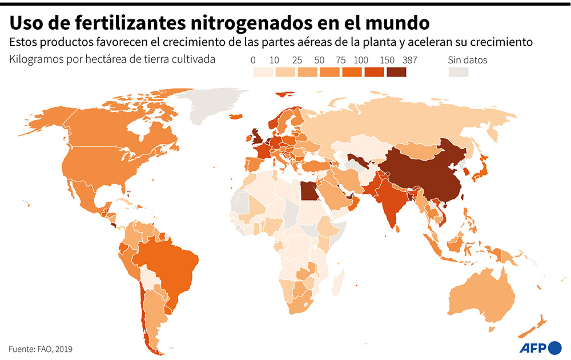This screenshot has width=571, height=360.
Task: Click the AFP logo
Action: tap(540, 347)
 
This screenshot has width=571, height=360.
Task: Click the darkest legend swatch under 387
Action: tap(396, 72)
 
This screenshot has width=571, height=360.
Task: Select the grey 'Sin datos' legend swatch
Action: tap(458, 72)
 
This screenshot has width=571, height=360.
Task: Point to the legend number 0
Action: tap(253, 60)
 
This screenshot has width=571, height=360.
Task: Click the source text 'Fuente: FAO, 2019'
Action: tap(41, 349)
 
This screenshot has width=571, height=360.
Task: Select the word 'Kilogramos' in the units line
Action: tap(37, 59)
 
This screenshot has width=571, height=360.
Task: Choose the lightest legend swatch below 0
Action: tap(263, 72)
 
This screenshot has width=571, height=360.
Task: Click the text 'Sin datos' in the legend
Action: tap(467, 60)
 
